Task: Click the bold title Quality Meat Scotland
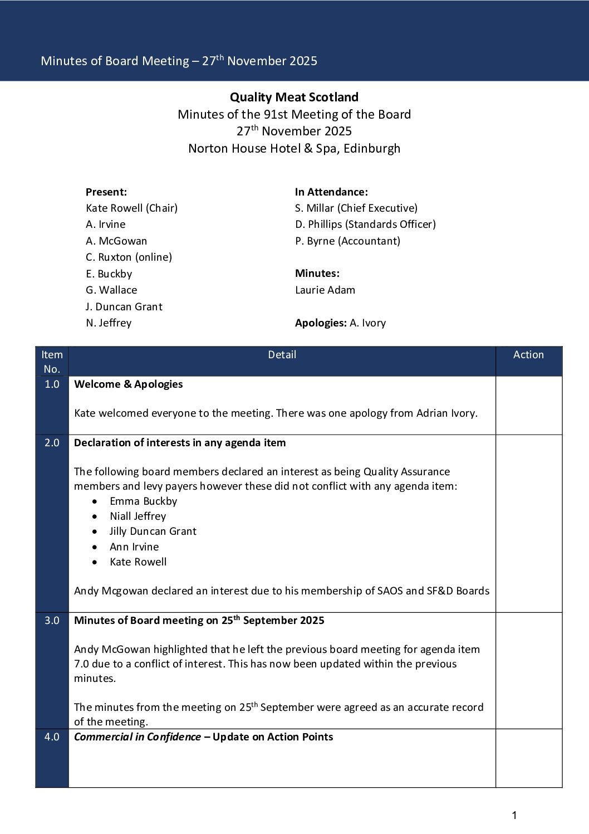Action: pyautogui.click(x=294, y=97)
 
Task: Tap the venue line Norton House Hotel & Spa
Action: pyautogui.click(x=294, y=149)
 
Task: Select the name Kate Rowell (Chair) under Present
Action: pyautogui.click(x=131, y=208)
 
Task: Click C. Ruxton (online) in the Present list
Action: pyautogui.click(x=129, y=257)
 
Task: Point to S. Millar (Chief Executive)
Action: pyautogui.click(x=356, y=208)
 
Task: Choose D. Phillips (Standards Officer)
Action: pyautogui.click(x=365, y=225)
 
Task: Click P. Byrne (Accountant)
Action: pyautogui.click(x=347, y=241)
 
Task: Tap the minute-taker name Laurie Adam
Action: pyautogui.click(x=325, y=290)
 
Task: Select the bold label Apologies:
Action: pyautogui.click(x=321, y=323)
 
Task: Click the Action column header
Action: pyautogui.click(x=528, y=355)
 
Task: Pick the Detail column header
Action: pyautogui.click(x=282, y=355)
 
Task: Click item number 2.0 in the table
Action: pyautogui.click(x=52, y=443)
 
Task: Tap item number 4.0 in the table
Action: pyautogui.click(x=52, y=737)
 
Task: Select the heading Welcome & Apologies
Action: pyautogui.click(x=128, y=384)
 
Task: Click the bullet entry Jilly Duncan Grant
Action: pyautogui.click(x=153, y=531)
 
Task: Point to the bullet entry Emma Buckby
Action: pyautogui.click(x=143, y=501)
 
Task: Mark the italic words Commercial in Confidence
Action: pyautogui.click(x=138, y=737)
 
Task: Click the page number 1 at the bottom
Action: pyautogui.click(x=514, y=816)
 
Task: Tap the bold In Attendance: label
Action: pyautogui.click(x=331, y=192)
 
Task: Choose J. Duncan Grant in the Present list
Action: pyautogui.click(x=124, y=307)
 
